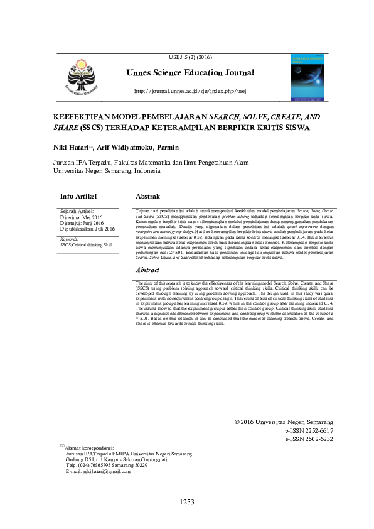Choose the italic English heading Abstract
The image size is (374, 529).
[x=148, y=270]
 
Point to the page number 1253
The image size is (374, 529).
[x=188, y=502]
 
